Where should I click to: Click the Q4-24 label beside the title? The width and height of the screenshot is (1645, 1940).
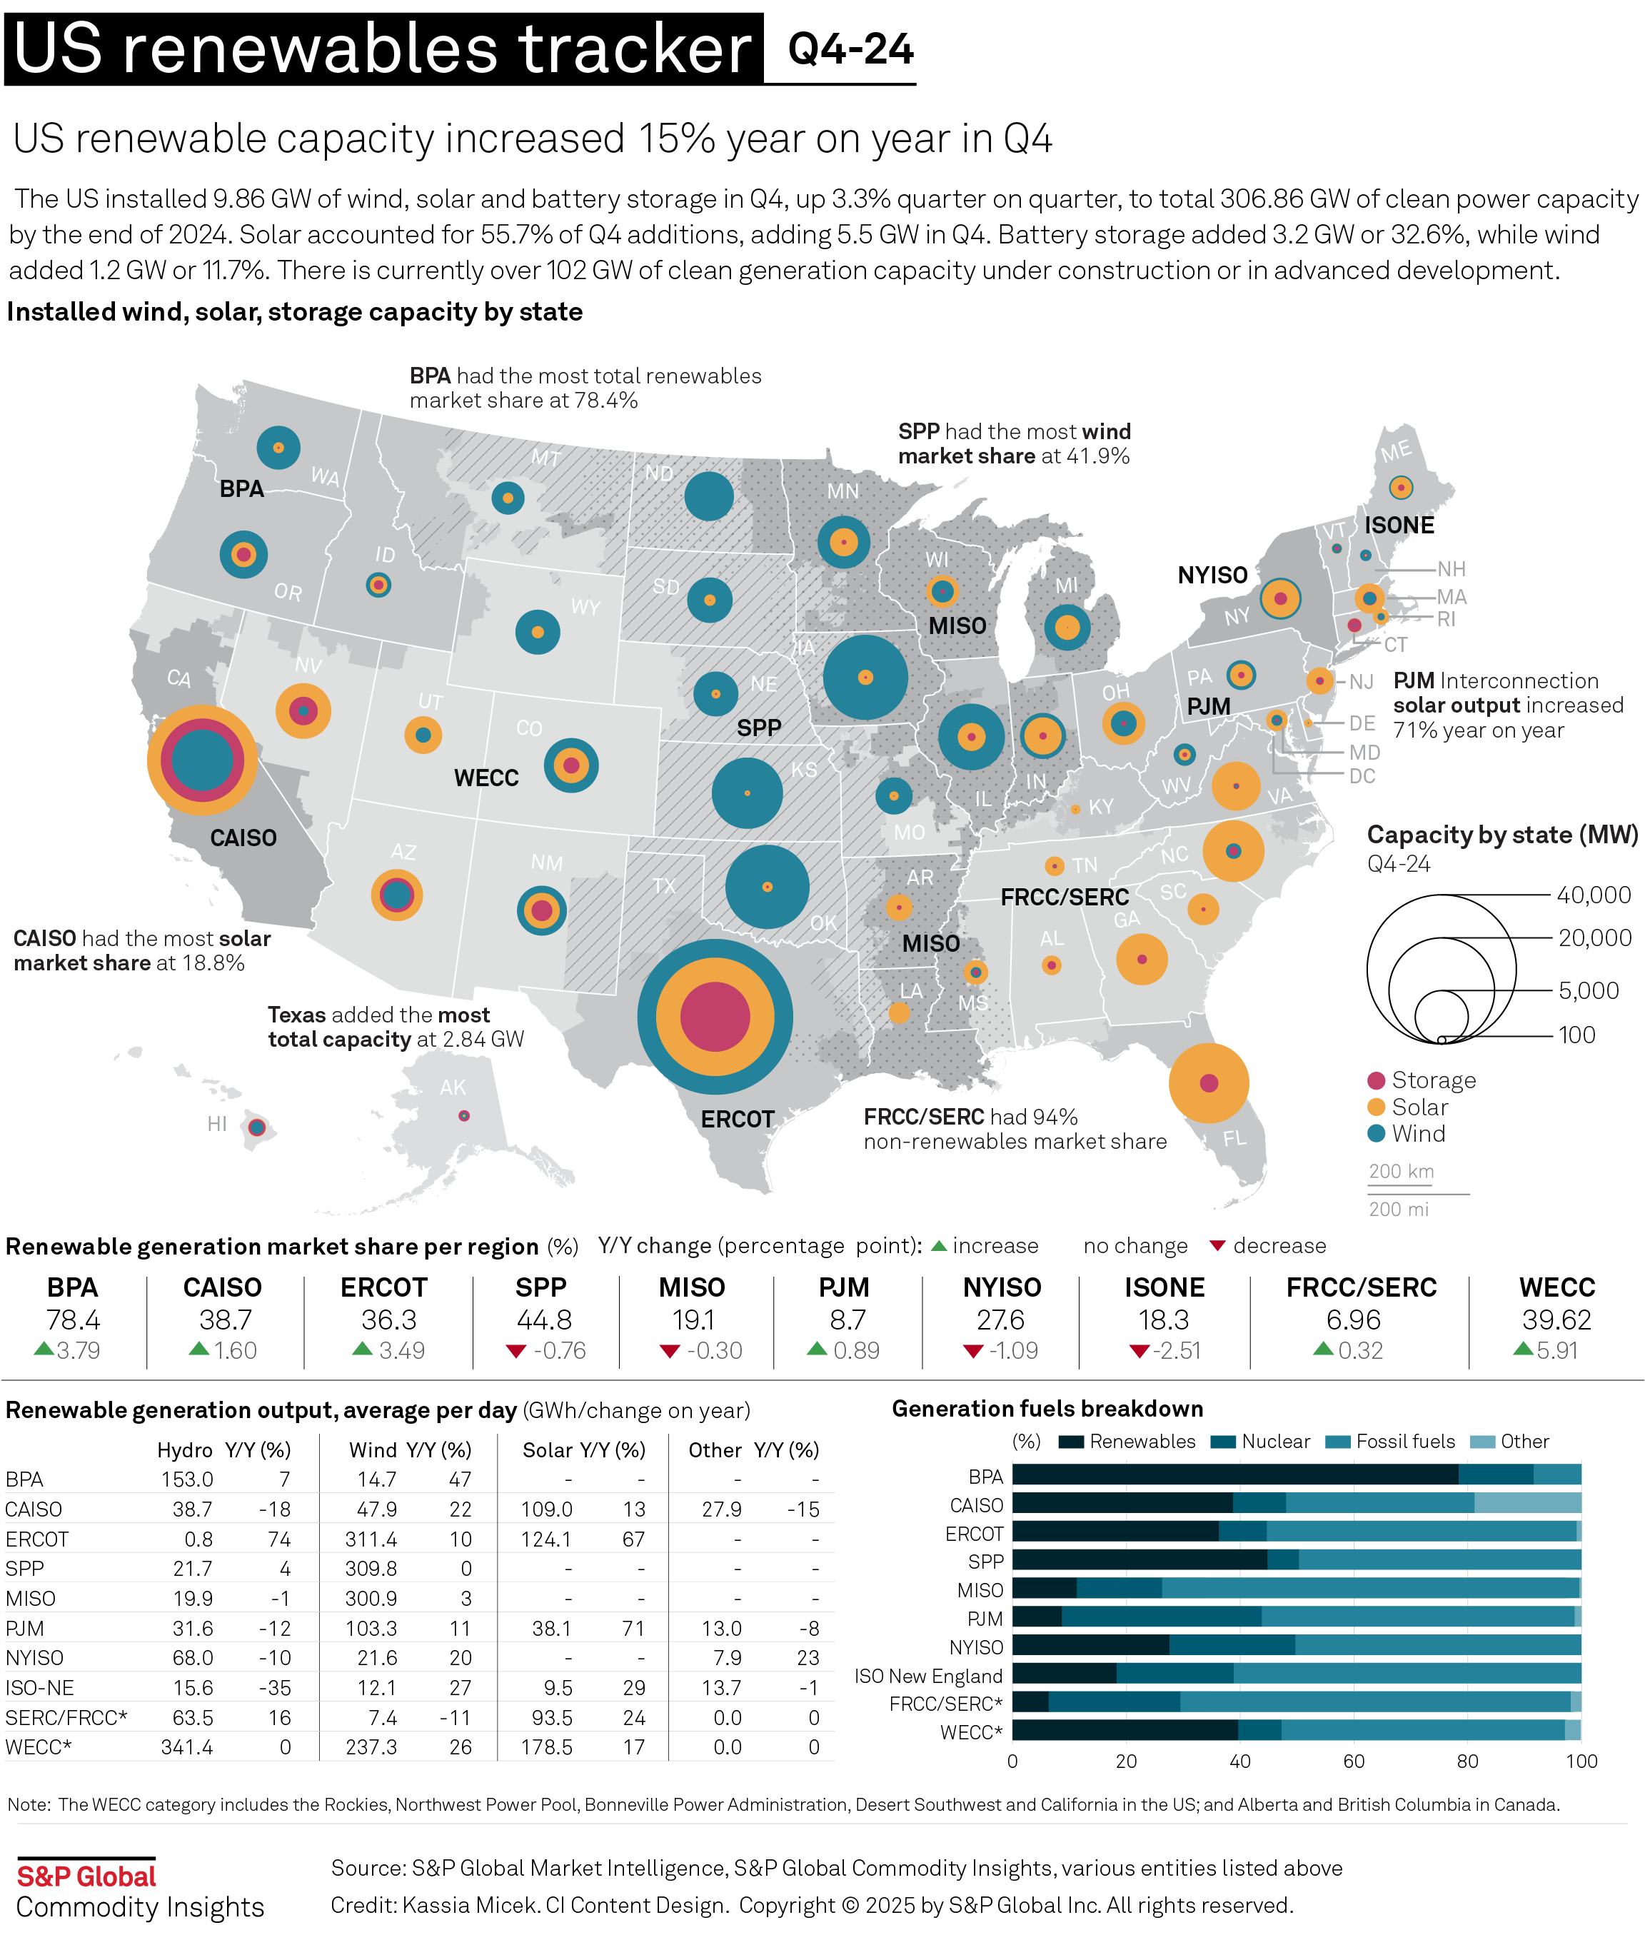(x=850, y=49)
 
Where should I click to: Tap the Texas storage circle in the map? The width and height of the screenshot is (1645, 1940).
(x=714, y=1017)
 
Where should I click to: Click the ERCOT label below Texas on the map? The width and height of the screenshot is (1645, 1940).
(x=737, y=1120)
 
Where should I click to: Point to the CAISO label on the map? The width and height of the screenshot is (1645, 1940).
(x=243, y=838)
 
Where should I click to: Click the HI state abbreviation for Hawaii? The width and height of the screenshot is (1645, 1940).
(x=216, y=1124)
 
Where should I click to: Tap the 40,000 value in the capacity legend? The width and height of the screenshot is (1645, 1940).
(x=1594, y=895)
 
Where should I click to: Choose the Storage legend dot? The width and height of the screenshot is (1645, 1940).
(x=1376, y=1080)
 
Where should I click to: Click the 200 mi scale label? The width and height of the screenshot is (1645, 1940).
(x=1398, y=1209)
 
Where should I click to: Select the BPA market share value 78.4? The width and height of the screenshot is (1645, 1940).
(x=73, y=1320)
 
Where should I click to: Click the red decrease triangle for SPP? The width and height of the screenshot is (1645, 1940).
(x=515, y=1350)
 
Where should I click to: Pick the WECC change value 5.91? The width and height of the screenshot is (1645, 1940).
(x=1556, y=1350)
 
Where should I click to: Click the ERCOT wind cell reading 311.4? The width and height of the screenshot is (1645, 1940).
(x=371, y=1539)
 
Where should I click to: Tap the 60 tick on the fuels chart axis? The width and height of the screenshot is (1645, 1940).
(x=1353, y=1761)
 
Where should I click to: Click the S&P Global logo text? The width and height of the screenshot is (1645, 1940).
(x=86, y=1876)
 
